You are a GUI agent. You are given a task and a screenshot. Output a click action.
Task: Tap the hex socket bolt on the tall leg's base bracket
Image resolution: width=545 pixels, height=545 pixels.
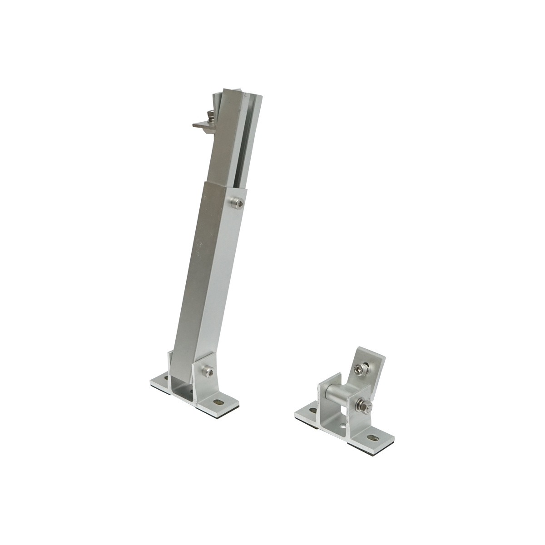[x=209, y=372]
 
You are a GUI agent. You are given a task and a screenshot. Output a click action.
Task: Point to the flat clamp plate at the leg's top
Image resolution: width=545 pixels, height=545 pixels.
[x=200, y=124]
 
